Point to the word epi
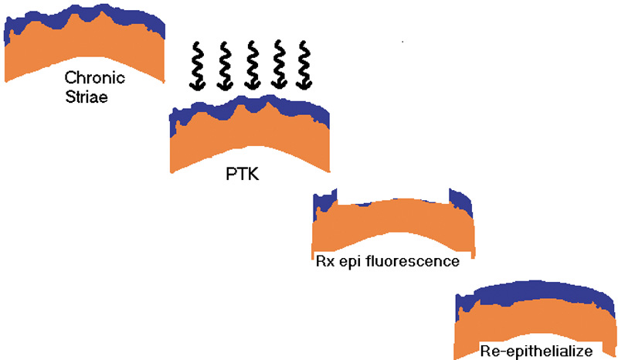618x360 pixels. (355, 262)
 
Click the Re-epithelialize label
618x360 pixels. (535, 350)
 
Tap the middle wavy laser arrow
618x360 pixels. (250, 66)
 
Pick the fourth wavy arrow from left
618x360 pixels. (277, 66)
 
